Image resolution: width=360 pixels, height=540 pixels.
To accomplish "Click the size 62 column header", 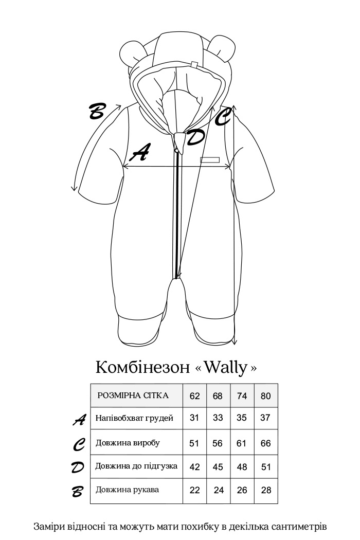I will pos(194,396).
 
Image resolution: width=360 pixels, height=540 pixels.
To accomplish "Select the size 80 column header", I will pos(265,396).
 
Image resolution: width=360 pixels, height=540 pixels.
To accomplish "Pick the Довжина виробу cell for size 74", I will pos(242,443).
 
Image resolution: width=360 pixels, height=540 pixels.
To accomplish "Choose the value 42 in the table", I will pos(194,467).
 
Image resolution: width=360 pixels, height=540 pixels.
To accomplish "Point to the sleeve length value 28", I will pos(266,490).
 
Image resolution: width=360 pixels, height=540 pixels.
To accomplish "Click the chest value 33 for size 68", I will pos(218,418).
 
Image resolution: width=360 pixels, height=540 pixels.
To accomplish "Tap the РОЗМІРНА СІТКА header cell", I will pos(133,395).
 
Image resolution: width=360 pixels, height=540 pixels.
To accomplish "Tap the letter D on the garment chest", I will pos(195,137).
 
